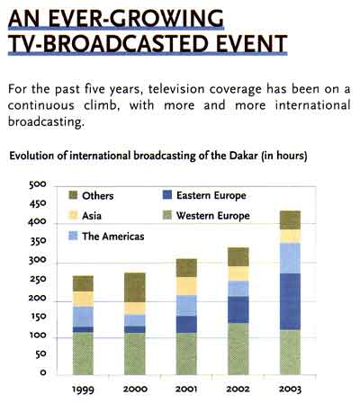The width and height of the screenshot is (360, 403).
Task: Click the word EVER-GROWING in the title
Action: (x=136, y=18)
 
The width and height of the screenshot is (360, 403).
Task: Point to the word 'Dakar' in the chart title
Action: (x=243, y=156)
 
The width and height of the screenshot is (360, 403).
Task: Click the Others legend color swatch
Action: (x=73, y=195)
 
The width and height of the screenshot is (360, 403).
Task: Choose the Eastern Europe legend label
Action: (x=211, y=195)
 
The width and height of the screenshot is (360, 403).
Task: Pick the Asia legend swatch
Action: (x=73, y=216)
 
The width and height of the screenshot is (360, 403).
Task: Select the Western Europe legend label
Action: (x=213, y=216)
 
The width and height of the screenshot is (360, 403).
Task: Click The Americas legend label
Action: (x=113, y=237)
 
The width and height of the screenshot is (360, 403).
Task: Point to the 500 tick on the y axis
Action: (x=38, y=184)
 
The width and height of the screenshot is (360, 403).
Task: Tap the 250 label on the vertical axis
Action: (x=38, y=279)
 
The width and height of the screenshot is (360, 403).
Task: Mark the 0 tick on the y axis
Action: (x=43, y=372)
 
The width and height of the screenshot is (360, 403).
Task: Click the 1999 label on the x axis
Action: (x=83, y=390)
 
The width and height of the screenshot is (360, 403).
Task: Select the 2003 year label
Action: (x=290, y=390)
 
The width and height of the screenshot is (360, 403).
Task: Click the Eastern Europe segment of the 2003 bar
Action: (x=290, y=301)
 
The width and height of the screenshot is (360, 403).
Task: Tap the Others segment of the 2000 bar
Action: (x=135, y=287)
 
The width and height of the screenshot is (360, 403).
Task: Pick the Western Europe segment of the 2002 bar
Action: (x=238, y=349)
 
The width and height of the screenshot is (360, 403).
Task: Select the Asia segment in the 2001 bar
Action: (x=186, y=286)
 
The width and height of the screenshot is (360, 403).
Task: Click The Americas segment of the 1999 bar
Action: (x=83, y=317)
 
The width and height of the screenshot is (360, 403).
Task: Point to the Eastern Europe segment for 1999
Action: (x=83, y=329)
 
